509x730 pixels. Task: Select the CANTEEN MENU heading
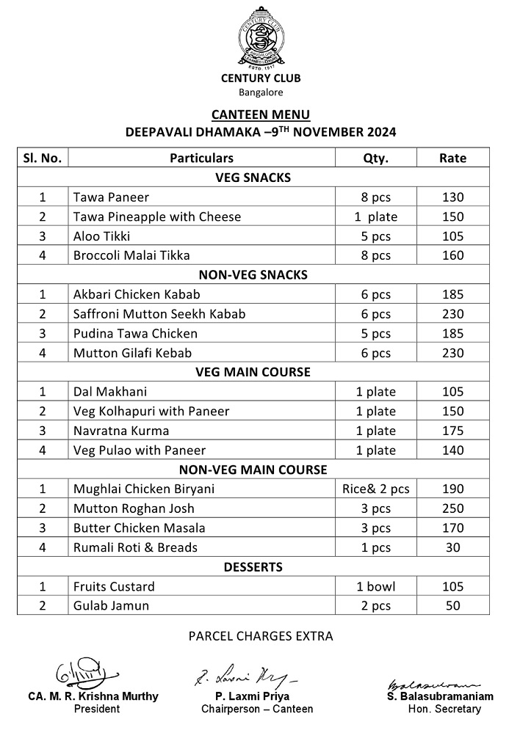pyautogui.click(x=261, y=114)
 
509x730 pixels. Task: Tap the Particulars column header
pyautogui.click(x=201, y=158)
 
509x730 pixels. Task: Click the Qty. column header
pyautogui.click(x=376, y=158)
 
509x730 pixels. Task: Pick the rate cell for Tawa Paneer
pyautogui.click(x=452, y=197)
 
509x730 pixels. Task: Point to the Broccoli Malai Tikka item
pyautogui.click(x=131, y=255)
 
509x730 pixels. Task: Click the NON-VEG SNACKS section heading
pyautogui.click(x=253, y=275)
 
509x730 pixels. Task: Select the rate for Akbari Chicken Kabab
pyautogui.click(x=452, y=294)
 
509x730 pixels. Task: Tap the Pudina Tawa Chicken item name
pyautogui.click(x=135, y=333)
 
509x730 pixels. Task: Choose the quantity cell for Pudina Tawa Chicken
pyautogui.click(x=376, y=333)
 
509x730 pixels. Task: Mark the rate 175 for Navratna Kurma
pyautogui.click(x=452, y=431)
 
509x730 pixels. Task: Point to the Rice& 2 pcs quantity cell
pyautogui.click(x=376, y=489)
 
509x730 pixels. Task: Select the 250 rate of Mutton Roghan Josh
pyautogui.click(x=452, y=508)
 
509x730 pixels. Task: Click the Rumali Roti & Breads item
pyautogui.click(x=135, y=547)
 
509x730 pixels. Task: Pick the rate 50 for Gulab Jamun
pyautogui.click(x=452, y=605)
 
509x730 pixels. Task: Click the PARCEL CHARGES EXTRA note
pyautogui.click(x=261, y=636)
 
